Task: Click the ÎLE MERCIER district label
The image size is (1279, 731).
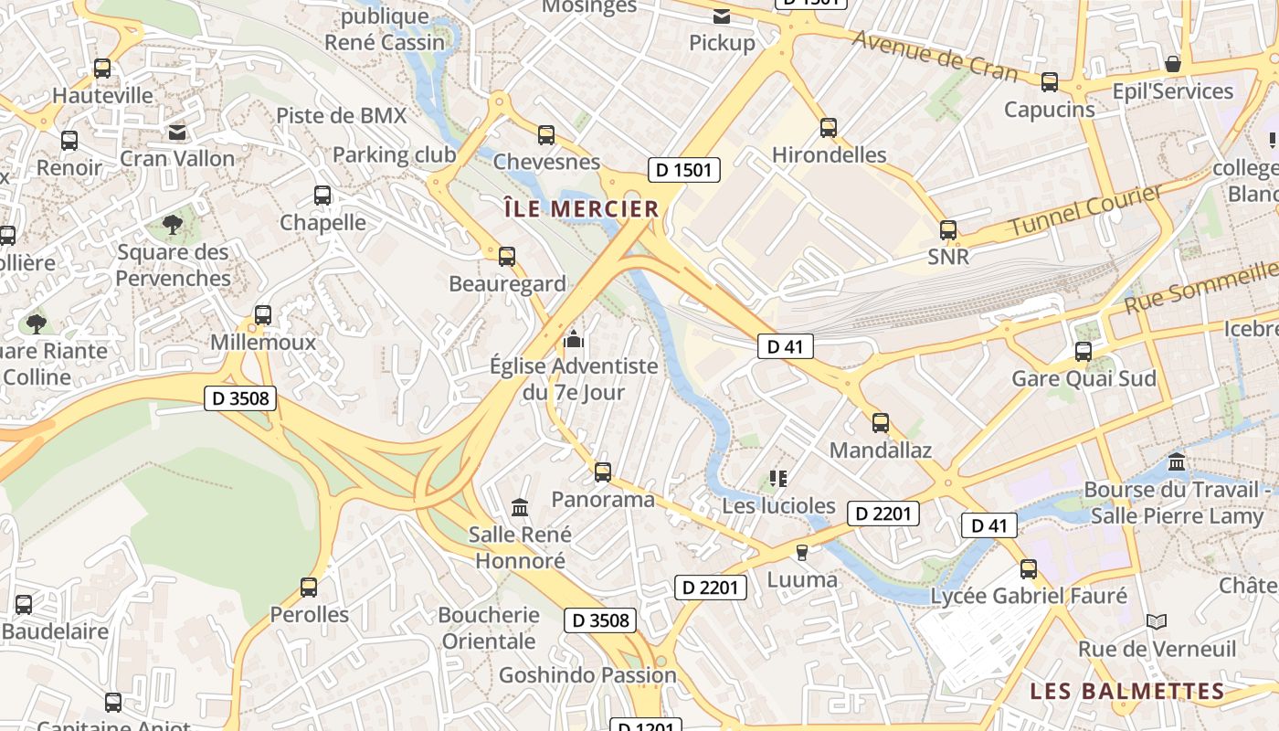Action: tap(581, 208)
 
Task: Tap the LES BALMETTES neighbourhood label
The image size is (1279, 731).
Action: tap(1127, 691)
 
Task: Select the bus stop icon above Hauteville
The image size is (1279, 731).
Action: tap(102, 68)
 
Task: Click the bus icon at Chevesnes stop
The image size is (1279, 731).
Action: tap(546, 135)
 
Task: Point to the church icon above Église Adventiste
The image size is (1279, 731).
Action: tap(574, 339)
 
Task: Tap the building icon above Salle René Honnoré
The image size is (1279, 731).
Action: tap(520, 507)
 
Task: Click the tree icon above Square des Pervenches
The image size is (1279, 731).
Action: tap(172, 224)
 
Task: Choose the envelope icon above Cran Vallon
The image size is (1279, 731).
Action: tap(177, 132)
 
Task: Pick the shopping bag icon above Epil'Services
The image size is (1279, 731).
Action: tap(1173, 64)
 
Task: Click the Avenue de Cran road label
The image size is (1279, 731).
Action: tap(934, 54)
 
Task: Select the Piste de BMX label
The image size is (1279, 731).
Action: tap(341, 115)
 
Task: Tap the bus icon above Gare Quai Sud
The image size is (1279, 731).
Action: tap(1083, 351)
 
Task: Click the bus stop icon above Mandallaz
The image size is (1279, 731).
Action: tap(881, 423)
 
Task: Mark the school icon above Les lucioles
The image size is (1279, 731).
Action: tap(778, 478)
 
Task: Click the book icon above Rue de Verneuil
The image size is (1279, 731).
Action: tap(1157, 621)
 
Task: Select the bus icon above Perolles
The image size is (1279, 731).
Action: tap(309, 587)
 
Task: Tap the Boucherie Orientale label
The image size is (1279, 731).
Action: tap(489, 628)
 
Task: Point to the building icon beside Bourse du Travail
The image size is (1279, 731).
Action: tap(1177, 462)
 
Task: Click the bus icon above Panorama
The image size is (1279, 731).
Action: tap(603, 472)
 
